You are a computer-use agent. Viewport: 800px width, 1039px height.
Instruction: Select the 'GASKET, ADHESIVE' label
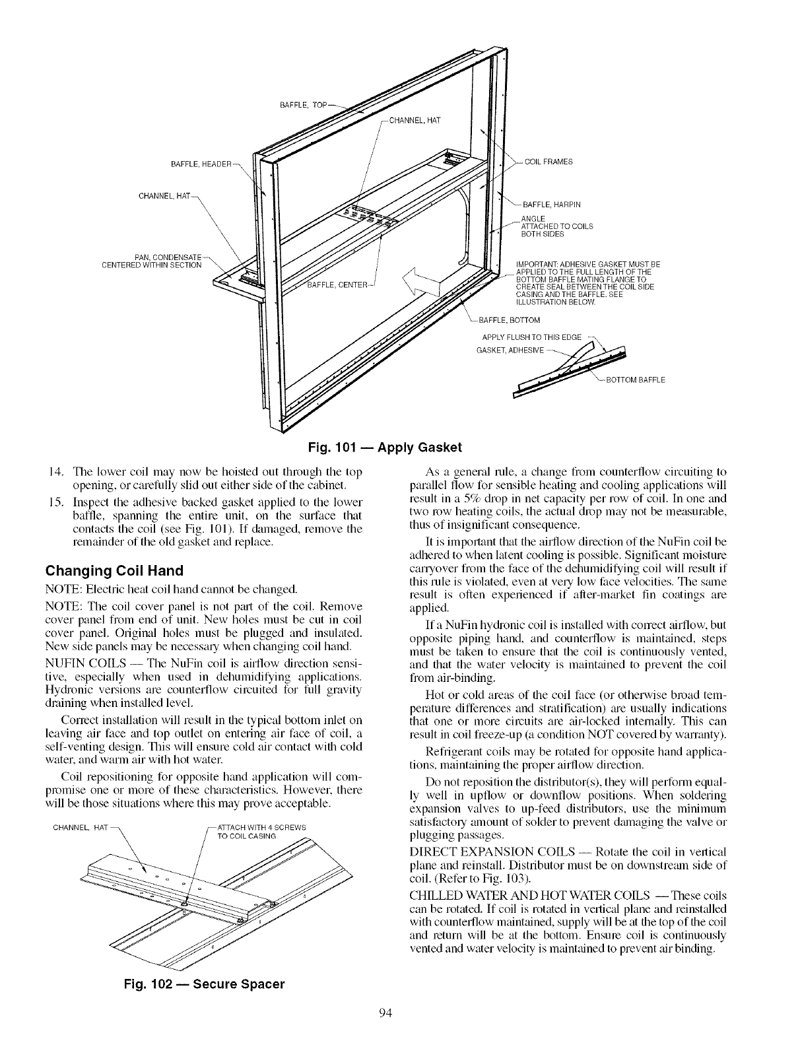tap(510, 349)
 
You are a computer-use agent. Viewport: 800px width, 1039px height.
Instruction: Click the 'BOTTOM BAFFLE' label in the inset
tap(636, 380)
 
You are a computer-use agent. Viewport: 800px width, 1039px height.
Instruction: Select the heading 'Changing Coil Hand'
tap(114, 570)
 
